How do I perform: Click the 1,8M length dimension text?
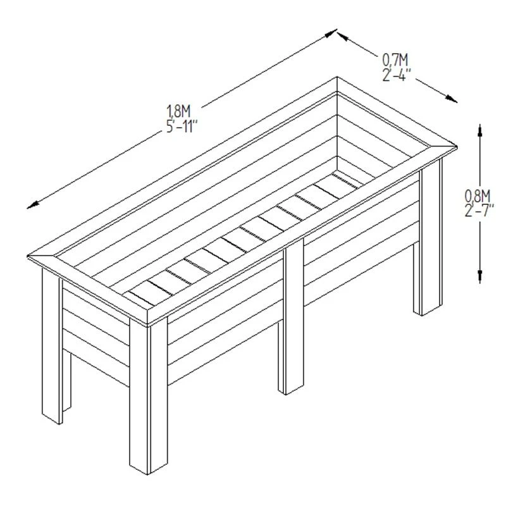point(178,111)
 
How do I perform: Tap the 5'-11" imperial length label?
point(182,126)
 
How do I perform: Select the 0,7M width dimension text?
point(395,59)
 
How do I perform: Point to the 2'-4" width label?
point(397,75)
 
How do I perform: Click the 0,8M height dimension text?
point(478,196)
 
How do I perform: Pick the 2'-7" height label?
point(479,211)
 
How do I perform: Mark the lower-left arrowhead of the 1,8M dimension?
point(34,205)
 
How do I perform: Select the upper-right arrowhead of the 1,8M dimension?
point(330,33)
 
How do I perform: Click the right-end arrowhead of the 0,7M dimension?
point(451,99)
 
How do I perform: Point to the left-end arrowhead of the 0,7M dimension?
point(343,36)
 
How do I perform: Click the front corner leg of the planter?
point(149,396)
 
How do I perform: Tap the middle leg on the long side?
point(291,317)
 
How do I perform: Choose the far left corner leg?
point(52,346)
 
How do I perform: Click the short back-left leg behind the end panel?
point(67,381)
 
